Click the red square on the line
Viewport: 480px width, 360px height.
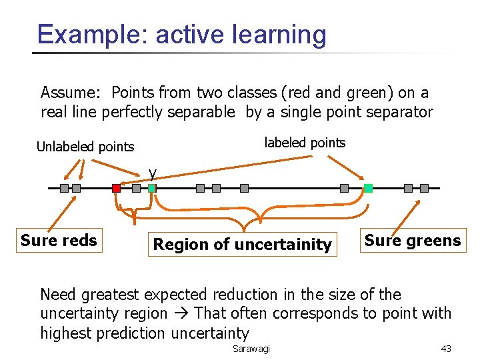tap(116, 189)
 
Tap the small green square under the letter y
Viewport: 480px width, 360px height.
tap(152, 189)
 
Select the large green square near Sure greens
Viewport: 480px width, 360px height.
tap(368, 189)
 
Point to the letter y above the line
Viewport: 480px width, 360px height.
tap(153, 173)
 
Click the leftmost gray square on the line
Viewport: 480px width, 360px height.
tap(64, 189)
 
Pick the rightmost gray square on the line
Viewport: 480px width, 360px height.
tap(424, 189)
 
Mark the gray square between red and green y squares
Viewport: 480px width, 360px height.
tap(137, 189)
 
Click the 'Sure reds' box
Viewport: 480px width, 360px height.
tap(59, 240)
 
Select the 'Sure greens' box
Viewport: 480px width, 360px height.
tap(413, 240)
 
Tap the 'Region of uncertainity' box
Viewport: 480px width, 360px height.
tap(242, 245)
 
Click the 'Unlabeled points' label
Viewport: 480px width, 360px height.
tap(85, 147)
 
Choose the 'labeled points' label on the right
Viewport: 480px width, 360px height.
tap(305, 142)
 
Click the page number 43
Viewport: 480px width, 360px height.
tap(447, 349)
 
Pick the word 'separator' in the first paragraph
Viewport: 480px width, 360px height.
tap(405, 112)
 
